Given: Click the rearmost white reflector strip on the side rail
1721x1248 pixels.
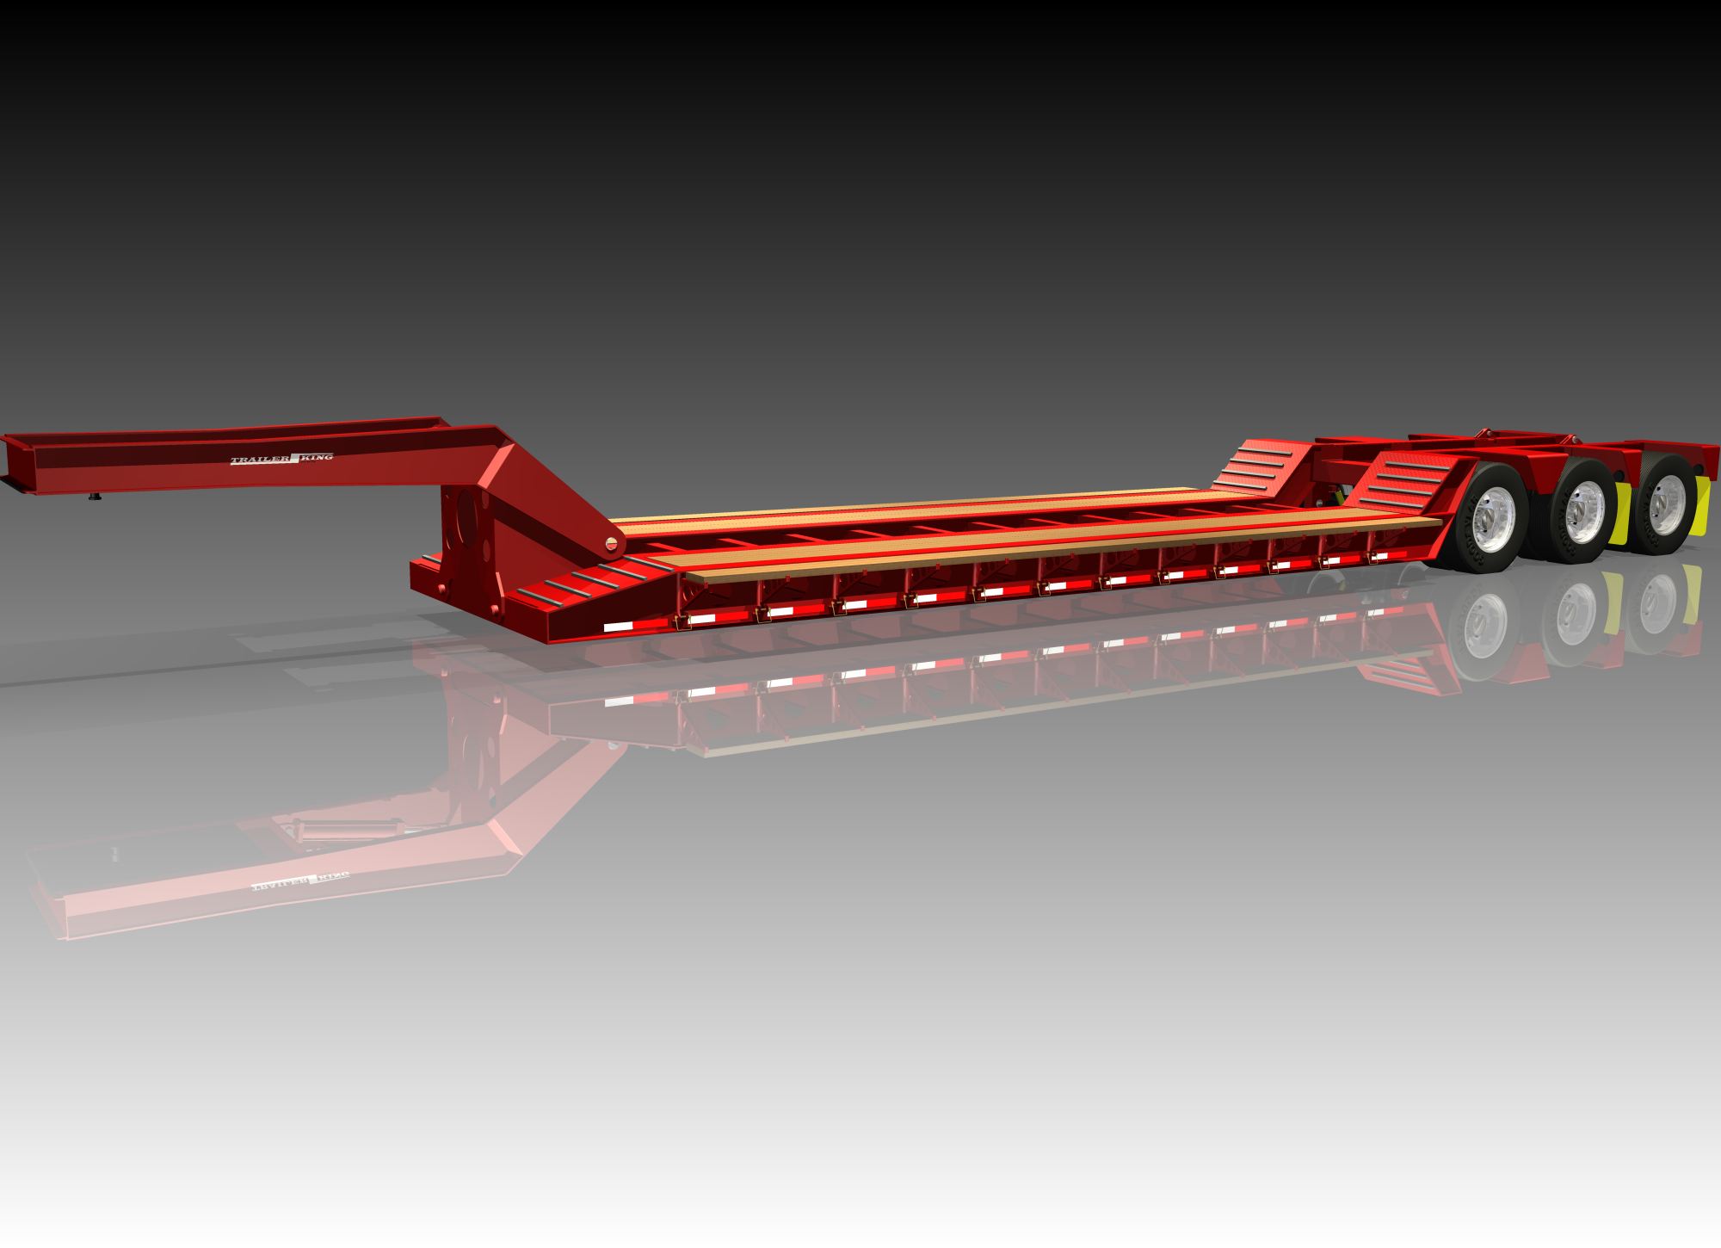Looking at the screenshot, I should coord(1379,557).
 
